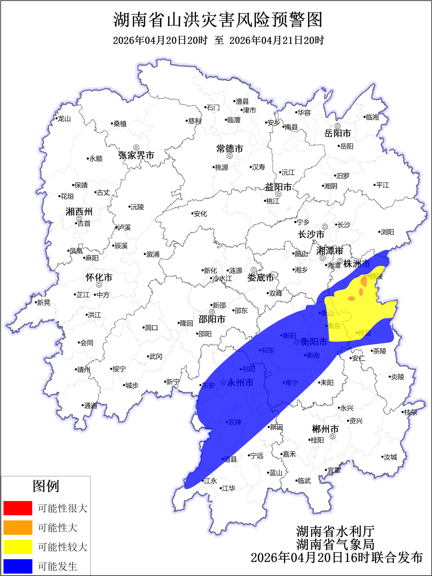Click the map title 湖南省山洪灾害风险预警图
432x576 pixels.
[x=218, y=20]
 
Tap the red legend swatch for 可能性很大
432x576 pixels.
[x=18, y=508]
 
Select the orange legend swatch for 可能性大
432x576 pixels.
[x=18, y=527]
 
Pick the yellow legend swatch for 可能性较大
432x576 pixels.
[x=18, y=547]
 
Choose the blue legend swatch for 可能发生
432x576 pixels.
[x=18, y=566]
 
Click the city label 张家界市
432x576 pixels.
[x=136, y=155]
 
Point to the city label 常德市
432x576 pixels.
[x=230, y=149]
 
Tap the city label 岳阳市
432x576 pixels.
[x=337, y=133]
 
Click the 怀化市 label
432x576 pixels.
[x=99, y=277]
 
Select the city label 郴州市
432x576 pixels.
[x=325, y=429]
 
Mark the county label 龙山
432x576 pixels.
[x=64, y=119]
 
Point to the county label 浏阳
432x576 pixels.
[x=387, y=232]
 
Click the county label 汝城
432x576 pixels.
[x=390, y=457]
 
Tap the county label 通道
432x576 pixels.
[x=91, y=406]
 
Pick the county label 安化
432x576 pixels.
[x=200, y=214]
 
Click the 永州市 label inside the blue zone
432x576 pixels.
[x=240, y=382]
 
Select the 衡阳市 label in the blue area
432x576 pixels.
[x=313, y=342]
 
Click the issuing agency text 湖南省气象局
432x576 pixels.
[x=335, y=544]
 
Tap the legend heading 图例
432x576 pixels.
[x=46, y=486]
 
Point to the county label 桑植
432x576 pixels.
[x=120, y=124]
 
